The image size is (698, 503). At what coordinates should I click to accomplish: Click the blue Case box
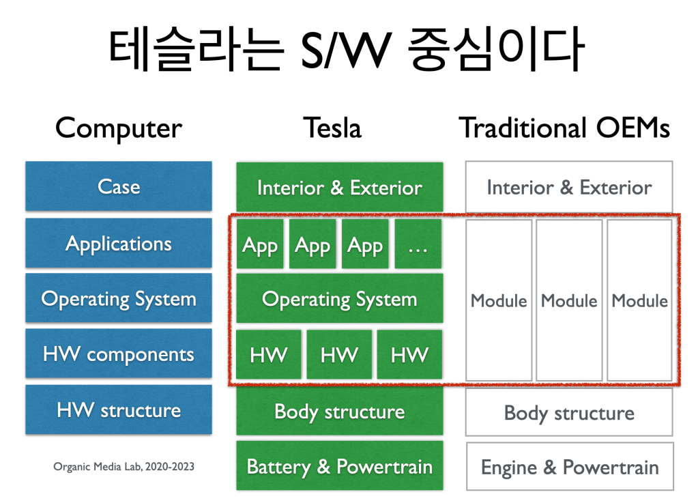(x=119, y=186)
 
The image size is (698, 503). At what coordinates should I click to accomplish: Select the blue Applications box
(x=119, y=243)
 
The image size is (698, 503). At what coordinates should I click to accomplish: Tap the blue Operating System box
(x=119, y=298)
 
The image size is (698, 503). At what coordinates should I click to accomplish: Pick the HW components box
(x=119, y=354)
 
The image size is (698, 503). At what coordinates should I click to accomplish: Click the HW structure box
(x=119, y=409)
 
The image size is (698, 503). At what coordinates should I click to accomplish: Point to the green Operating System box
(x=339, y=299)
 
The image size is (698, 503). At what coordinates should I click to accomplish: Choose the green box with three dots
(x=418, y=244)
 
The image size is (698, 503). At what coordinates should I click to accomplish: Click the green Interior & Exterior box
(x=339, y=187)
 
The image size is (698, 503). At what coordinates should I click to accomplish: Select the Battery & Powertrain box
(x=339, y=466)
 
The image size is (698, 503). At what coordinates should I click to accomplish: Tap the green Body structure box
(x=339, y=411)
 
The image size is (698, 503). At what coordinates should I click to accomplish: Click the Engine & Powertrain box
(x=569, y=467)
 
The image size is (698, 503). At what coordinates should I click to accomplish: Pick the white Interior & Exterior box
(x=569, y=187)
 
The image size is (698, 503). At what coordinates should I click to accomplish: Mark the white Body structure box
(x=569, y=412)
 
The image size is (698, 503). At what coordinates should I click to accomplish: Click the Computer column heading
(x=119, y=128)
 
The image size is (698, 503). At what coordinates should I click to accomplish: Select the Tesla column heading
(x=332, y=128)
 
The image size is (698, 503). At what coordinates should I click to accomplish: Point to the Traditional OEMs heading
(x=564, y=128)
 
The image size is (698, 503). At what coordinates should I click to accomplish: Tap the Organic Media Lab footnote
(x=123, y=467)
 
